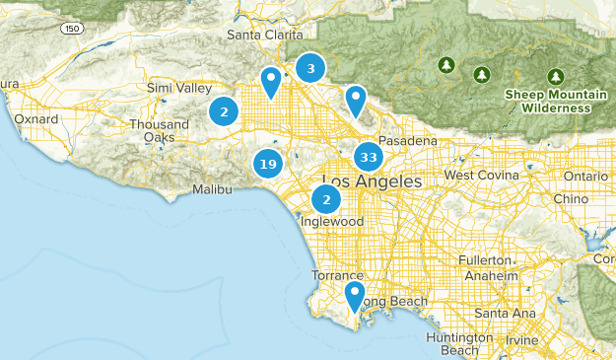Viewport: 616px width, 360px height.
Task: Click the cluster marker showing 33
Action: coord(369,158)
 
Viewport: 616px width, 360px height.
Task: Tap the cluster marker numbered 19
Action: coord(267,164)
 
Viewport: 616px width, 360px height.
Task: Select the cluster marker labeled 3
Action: coord(311,68)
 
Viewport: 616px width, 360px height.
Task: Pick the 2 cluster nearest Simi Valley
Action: coord(225,111)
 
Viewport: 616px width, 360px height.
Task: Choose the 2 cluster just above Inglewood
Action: coord(326,200)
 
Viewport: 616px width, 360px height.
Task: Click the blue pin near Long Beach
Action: coord(355,295)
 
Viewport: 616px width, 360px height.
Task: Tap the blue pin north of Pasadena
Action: coord(355,99)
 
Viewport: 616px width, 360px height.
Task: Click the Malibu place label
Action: coord(212,188)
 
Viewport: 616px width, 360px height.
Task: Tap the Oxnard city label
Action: coord(36,119)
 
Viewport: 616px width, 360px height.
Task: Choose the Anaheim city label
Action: coord(492,276)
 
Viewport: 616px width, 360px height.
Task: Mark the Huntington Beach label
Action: coord(452,343)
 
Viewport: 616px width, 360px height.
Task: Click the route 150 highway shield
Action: coord(71,30)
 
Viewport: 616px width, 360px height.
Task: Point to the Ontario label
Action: coord(586,176)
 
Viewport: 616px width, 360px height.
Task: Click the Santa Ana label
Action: coord(499,314)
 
